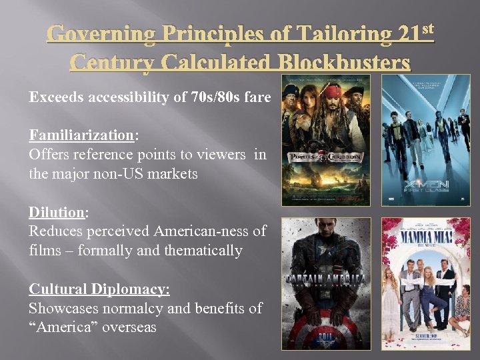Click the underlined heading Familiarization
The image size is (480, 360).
pyautogui.click(x=81, y=135)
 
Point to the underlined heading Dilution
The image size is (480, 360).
pyautogui.click(x=57, y=213)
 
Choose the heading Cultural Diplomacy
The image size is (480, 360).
pyautogui.click(x=99, y=289)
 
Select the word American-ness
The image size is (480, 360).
pyautogui.click(x=210, y=231)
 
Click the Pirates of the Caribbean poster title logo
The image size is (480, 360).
pyautogui.click(x=325, y=159)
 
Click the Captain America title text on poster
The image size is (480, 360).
pyautogui.click(x=325, y=278)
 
